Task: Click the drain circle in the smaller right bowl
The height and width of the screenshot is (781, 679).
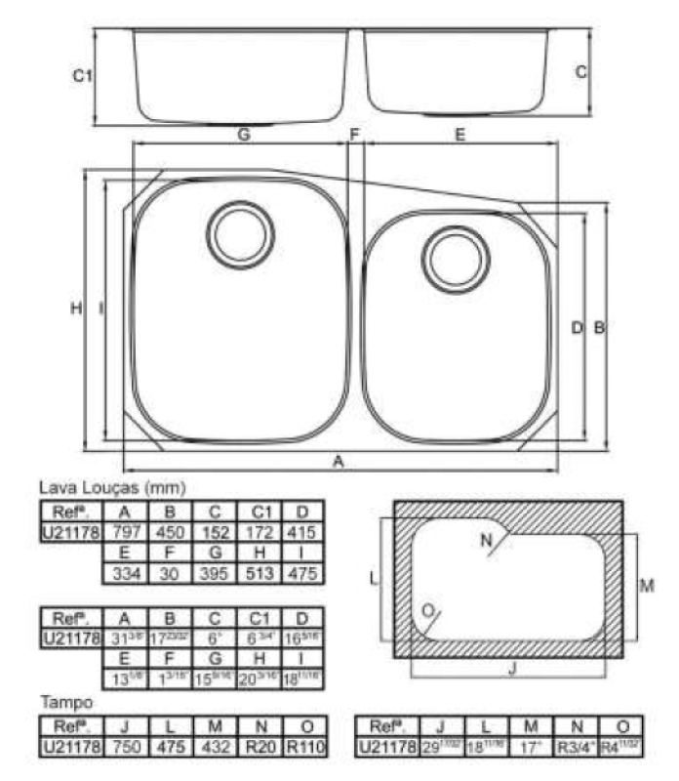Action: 455,259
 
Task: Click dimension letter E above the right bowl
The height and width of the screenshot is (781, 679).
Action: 459,136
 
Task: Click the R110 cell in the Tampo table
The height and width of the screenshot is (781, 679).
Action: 306,747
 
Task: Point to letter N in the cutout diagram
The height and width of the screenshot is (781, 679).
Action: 486,540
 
